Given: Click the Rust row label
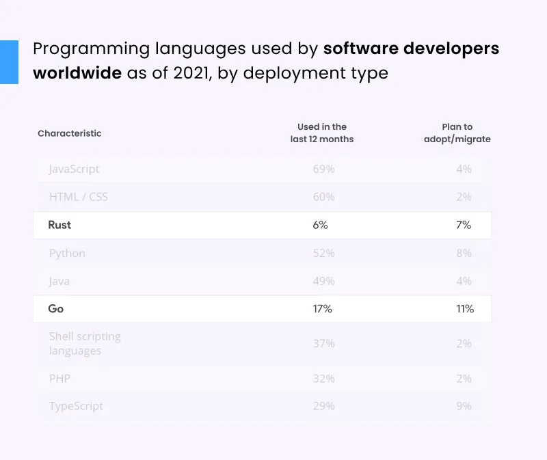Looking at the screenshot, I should (59, 225).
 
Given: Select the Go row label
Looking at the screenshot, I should (56, 309).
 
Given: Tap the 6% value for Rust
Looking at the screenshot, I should (321, 225).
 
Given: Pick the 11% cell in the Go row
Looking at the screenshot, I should (465, 309).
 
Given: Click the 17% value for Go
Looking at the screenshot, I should (322, 309).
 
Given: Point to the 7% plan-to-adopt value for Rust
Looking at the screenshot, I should (464, 225).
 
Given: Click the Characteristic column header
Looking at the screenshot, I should (69, 133).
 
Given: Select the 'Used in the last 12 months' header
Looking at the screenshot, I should (321, 133).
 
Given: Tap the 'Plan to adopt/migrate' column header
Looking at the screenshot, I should (457, 133).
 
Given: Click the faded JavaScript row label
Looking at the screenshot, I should (74, 169).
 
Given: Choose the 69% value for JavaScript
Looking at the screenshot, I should (323, 169).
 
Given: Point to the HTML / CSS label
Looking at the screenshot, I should (78, 197).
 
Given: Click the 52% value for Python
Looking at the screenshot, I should (323, 253).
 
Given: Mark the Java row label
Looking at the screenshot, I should (59, 281).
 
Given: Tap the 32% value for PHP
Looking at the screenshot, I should (323, 378).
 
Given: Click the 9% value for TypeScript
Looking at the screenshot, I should (464, 406).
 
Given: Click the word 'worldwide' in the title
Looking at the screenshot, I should (78, 72).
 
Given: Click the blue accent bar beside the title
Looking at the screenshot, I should (9, 62).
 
